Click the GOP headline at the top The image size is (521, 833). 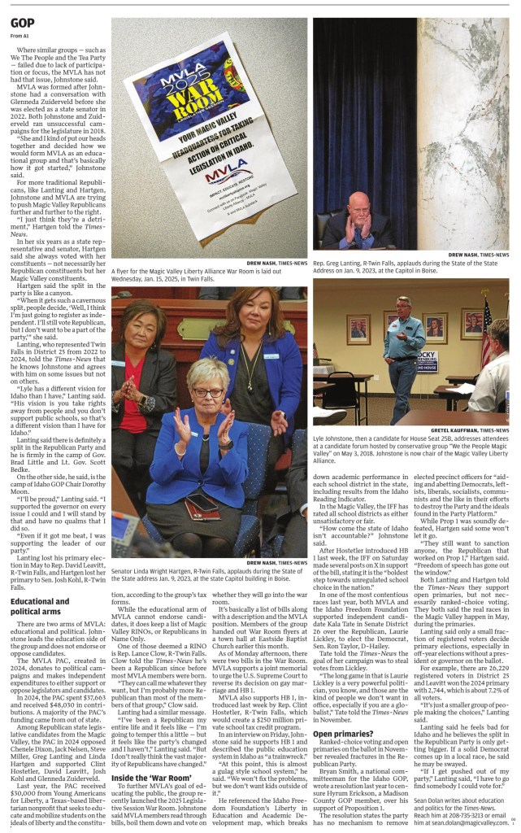(x=23, y=24)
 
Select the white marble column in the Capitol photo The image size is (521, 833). (x=474, y=122)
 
